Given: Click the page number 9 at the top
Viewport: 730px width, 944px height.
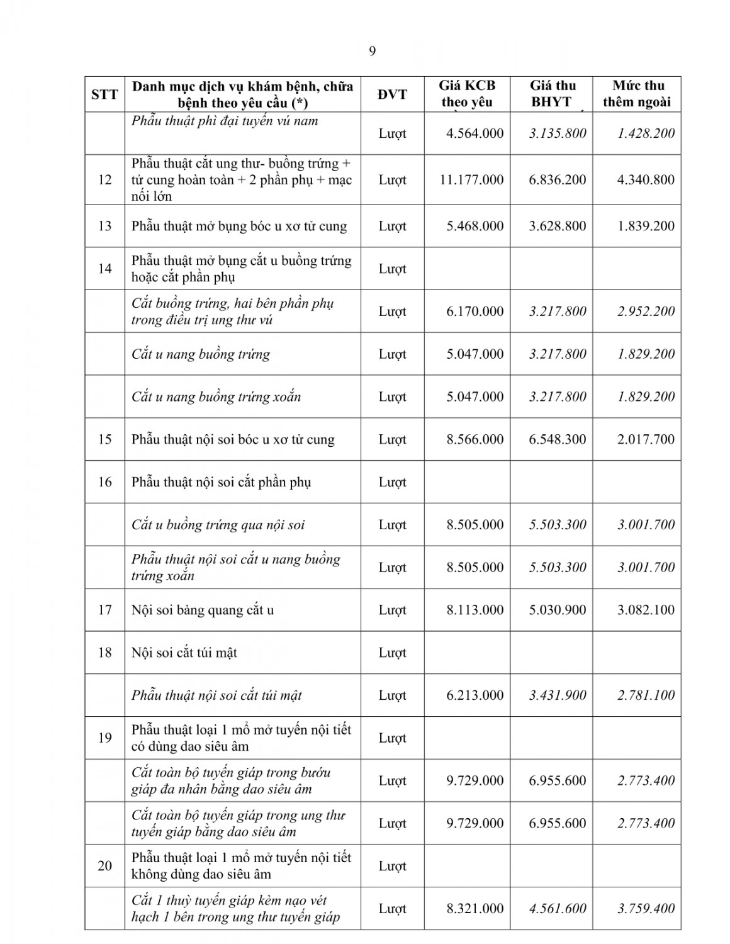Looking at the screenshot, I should pyautogui.click(x=372, y=52).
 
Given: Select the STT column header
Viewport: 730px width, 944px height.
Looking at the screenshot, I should pyautogui.click(x=104, y=94).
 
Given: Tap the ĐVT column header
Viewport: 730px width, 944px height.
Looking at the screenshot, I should pyautogui.click(x=392, y=94).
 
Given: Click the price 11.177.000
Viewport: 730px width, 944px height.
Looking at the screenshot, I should pyautogui.click(x=472, y=180).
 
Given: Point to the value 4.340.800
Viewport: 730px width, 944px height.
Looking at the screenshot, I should pyautogui.click(x=646, y=180).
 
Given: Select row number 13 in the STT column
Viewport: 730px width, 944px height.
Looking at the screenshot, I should pyautogui.click(x=104, y=226).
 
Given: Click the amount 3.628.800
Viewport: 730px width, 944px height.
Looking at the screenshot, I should pyautogui.click(x=558, y=226).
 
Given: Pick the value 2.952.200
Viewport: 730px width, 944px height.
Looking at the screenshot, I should pyautogui.click(x=646, y=311).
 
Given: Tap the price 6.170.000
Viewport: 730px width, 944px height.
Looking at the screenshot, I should pyautogui.click(x=475, y=311).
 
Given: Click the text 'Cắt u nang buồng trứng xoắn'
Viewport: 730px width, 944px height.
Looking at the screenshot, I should pyautogui.click(x=216, y=396).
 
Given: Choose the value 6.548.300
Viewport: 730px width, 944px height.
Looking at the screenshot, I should pyautogui.click(x=558, y=439).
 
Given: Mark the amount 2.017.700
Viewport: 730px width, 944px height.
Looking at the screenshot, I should pyautogui.click(x=646, y=439).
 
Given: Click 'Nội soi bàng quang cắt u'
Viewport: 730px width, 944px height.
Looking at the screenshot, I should pyautogui.click(x=203, y=610).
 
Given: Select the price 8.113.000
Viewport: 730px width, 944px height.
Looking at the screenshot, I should pyautogui.click(x=475, y=610).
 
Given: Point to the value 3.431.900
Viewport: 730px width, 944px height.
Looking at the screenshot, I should pyautogui.click(x=558, y=695).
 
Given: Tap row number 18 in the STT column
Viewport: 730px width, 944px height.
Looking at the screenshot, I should pyautogui.click(x=104, y=653).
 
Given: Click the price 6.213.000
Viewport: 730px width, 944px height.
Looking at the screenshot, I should pyautogui.click(x=475, y=695).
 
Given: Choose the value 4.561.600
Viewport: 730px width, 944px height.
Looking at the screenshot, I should pyautogui.click(x=558, y=909).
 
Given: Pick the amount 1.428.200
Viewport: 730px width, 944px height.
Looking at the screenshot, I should pyautogui.click(x=646, y=133).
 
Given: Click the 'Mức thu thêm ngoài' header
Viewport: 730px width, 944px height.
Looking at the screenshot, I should pyautogui.click(x=637, y=94).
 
